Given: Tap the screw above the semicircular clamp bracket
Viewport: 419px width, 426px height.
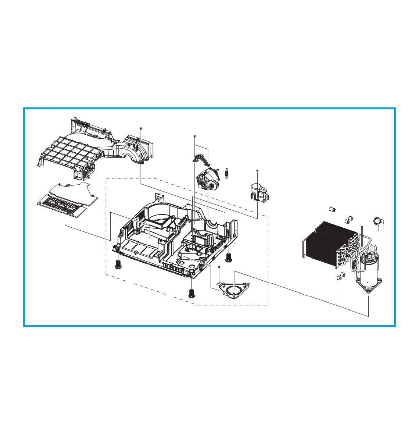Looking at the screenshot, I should click(x=194, y=136).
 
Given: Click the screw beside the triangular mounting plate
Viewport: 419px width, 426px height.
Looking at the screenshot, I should click(x=219, y=267).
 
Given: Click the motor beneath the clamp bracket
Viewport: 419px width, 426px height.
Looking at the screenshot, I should click(x=208, y=180).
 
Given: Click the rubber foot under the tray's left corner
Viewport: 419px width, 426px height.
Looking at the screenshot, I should click(x=118, y=264).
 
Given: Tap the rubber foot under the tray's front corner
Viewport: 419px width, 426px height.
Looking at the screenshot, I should click(x=191, y=293).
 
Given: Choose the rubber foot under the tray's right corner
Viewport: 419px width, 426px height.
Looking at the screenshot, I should click(x=229, y=256).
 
